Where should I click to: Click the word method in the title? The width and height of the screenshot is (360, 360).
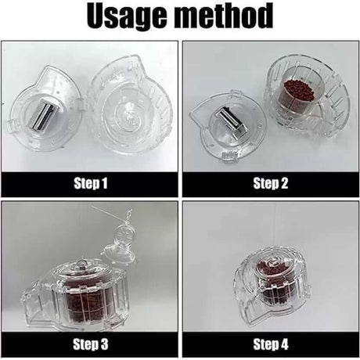tap(227, 17)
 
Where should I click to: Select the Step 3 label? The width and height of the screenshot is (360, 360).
tap(91, 344)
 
